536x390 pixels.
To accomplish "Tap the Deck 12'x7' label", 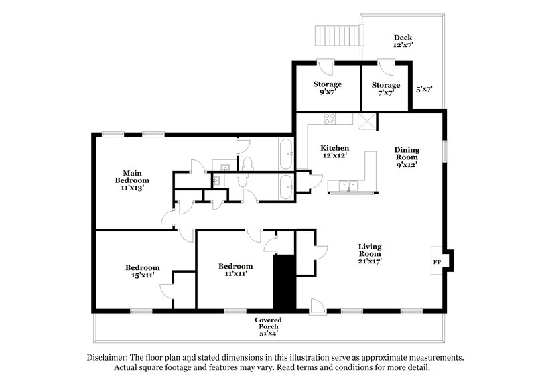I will (403, 42).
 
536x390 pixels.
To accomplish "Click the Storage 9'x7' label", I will (328, 88).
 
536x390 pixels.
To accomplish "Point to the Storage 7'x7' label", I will (386, 88).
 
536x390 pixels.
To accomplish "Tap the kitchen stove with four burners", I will (330, 119).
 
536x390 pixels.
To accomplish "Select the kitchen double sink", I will (346, 186).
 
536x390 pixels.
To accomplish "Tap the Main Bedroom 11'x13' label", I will (132, 180).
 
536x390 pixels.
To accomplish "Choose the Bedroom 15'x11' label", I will (143, 272).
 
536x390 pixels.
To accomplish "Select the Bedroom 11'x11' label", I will (236, 269).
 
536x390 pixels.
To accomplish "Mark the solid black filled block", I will (283, 281).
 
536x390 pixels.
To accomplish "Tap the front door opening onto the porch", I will (318, 308).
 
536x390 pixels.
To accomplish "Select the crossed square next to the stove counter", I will (366, 121).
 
